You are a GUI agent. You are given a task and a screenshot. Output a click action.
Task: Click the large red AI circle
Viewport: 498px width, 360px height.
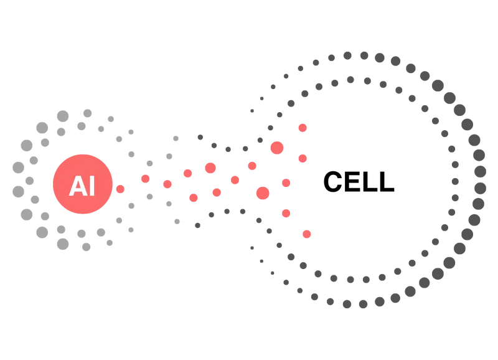pyautogui.click(x=82, y=184)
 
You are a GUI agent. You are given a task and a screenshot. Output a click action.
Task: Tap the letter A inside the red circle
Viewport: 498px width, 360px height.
pyautogui.click(x=76, y=186)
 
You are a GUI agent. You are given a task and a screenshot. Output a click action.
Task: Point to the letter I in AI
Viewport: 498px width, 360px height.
pyautogui.click(x=92, y=186)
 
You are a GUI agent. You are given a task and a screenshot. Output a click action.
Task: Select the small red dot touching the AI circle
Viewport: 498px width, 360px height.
pyautogui.click(x=120, y=189)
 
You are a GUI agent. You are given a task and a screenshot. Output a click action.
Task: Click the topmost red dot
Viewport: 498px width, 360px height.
pyautogui.click(x=303, y=128)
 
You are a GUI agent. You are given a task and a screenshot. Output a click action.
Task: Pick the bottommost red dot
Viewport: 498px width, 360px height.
pyautogui.click(x=306, y=234)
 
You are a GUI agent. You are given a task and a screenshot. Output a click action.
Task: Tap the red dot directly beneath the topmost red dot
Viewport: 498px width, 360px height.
pyautogui.click(x=303, y=158)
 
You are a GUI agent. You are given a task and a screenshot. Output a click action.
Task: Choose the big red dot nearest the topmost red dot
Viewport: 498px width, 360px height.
pyautogui.click(x=277, y=148)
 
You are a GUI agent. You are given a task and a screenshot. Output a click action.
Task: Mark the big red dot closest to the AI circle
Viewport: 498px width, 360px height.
pyautogui.click(x=210, y=168)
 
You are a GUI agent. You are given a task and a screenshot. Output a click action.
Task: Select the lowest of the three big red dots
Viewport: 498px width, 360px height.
pyautogui.click(x=263, y=193)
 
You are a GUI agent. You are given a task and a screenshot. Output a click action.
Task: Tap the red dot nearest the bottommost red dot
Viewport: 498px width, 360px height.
pyautogui.click(x=286, y=214)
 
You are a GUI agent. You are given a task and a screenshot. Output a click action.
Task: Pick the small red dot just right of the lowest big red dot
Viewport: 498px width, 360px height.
pyautogui.click(x=286, y=182)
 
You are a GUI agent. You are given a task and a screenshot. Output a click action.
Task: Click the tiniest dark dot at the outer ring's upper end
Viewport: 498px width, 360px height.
pyautogui.click(x=252, y=110)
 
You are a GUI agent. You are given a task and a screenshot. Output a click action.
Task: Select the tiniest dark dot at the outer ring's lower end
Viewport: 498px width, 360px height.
pyautogui.click(x=252, y=247)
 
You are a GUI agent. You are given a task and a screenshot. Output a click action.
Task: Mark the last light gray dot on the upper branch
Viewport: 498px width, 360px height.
pyautogui.click(x=176, y=138)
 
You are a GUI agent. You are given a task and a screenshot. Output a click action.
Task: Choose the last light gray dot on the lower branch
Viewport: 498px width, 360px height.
pyautogui.click(x=177, y=221)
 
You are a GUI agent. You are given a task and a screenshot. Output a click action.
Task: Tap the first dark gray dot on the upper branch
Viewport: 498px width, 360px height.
pyautogui.click(x=200, y=137)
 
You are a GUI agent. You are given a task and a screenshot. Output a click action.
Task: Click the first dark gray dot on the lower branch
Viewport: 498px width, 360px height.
pyautogui.click(x=198, y=225)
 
